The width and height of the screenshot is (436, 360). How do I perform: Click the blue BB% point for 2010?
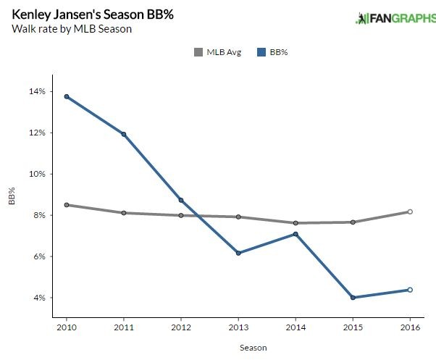67,96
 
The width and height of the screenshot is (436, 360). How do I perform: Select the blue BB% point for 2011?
124,134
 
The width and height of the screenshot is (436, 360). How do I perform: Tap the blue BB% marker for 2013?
238,253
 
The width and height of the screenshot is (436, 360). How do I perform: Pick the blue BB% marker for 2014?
295,234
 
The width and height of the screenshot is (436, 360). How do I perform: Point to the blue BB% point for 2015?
353,298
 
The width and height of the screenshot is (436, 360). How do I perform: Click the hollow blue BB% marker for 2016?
410,290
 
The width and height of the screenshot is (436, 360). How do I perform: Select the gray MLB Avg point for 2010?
67,205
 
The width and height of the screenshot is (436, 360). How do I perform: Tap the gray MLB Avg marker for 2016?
410,212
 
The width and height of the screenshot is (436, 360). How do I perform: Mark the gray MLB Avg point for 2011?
124,213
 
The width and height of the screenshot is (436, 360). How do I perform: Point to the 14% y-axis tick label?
37,92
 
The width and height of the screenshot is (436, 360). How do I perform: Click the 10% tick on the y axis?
37,175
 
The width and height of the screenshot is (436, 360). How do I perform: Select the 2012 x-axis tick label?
181,327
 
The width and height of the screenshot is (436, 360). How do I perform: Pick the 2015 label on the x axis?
353,327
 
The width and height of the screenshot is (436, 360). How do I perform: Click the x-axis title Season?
253,348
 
